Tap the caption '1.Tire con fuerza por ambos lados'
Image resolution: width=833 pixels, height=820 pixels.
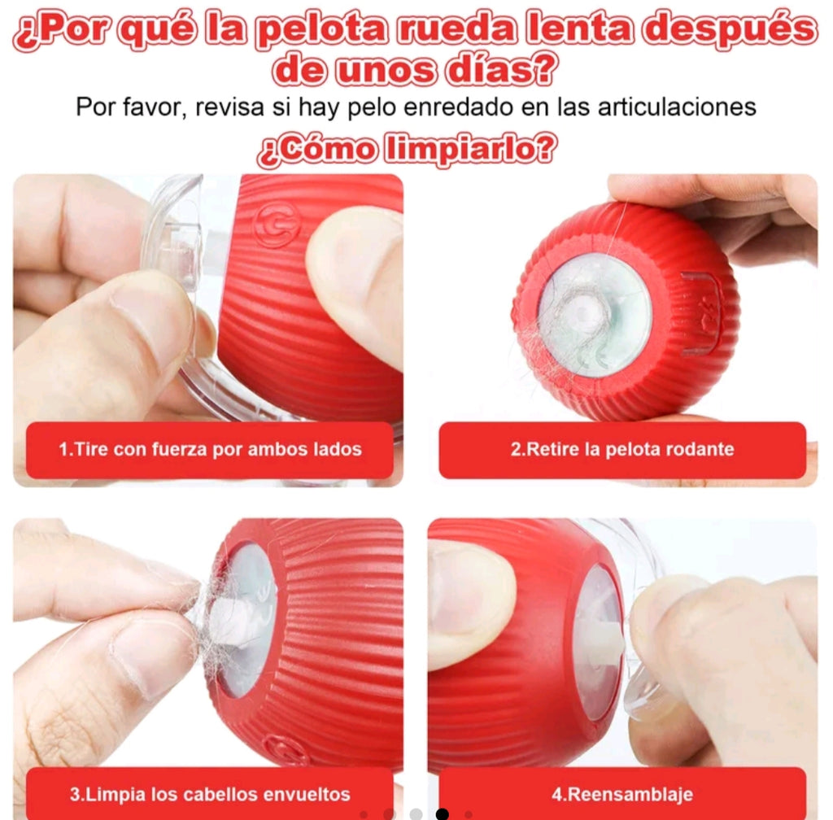pyautogui.click(x=210, y=449)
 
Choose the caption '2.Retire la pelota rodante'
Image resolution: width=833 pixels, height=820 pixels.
pyautogui.click(x=621, y=449)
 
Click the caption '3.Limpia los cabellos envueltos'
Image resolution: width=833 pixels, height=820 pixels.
pyautogui.click(x=210, y=794)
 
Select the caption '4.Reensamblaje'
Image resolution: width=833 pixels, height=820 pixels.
pyautogui.click(x=621, y=794)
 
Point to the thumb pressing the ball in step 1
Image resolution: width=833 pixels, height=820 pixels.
pyautogui.click(x=358, y=277)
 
